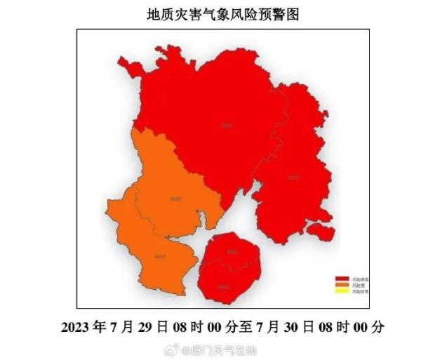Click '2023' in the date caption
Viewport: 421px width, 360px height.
point(76,327)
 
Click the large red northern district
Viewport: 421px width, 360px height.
point(210,119)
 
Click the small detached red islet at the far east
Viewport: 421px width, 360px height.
point(320,229)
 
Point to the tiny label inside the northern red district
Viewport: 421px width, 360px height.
point(225,126)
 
